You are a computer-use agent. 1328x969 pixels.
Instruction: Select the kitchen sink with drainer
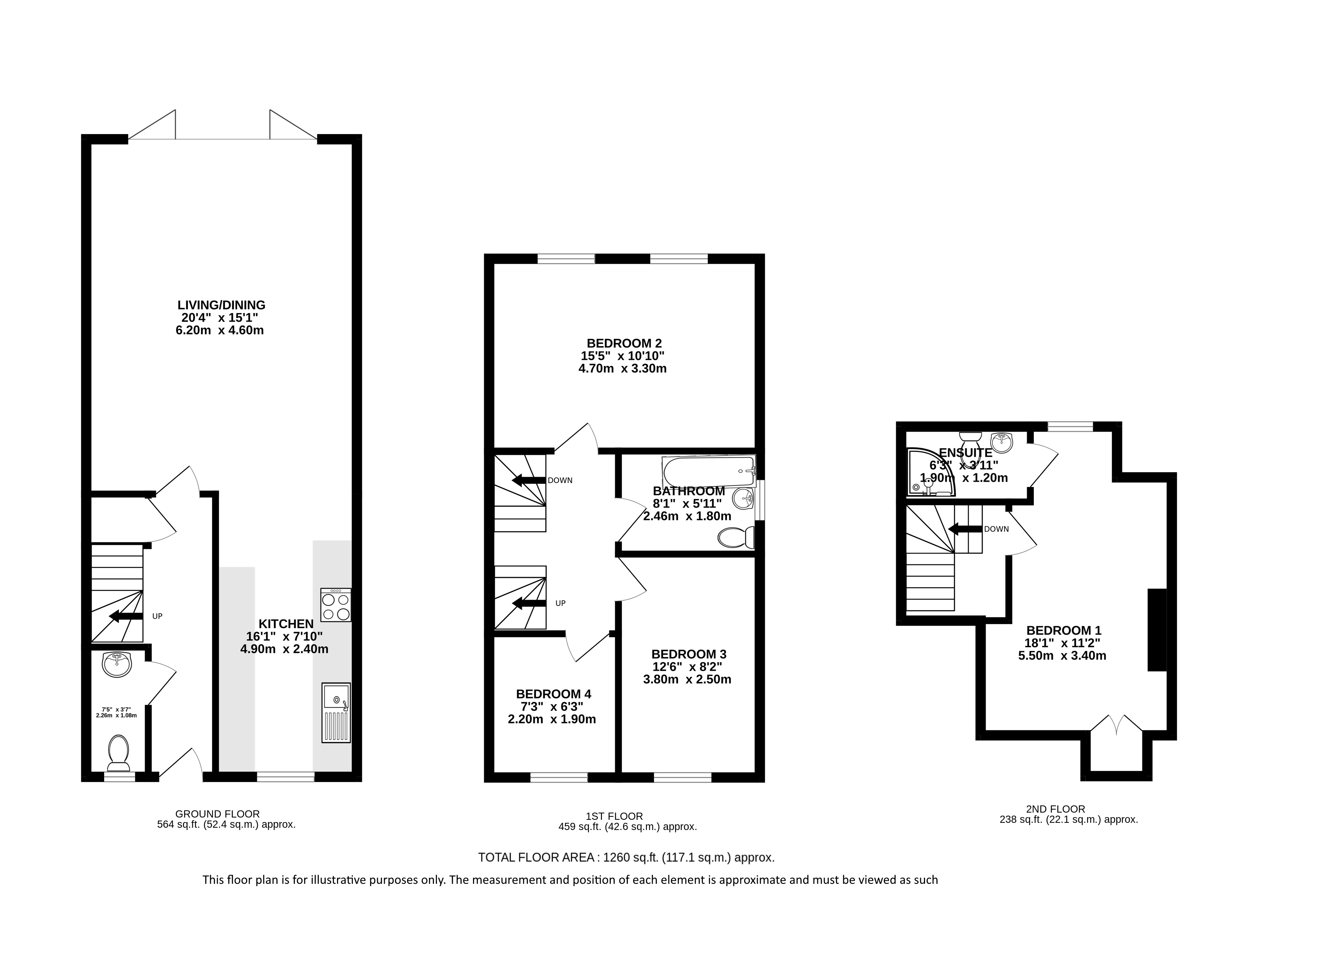tap(336, 713)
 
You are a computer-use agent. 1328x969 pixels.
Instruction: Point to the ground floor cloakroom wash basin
tap(117, 664)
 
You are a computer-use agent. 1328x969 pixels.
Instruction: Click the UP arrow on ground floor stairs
tap(126, 616)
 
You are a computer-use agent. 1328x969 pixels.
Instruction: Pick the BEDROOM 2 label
tap(624, 343)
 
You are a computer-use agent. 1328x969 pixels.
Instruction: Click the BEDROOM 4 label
tap(554, 694)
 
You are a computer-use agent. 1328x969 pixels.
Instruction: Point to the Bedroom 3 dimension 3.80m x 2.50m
tap(687, 679)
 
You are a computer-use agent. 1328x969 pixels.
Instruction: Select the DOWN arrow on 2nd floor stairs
tap(965, 529)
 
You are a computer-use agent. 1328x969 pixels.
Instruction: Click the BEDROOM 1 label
tap(1063, 630)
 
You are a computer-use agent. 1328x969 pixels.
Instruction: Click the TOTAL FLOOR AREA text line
tap(626, 858)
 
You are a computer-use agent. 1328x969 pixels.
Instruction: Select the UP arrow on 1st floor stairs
tap(529, 603)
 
